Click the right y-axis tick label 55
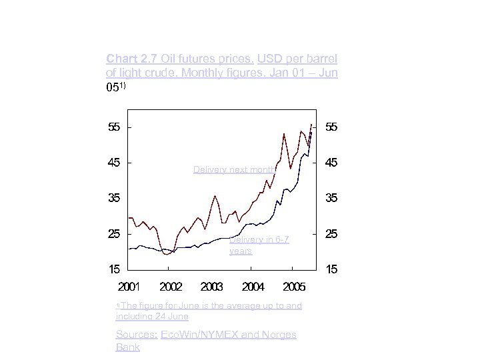click(x=331, y=127)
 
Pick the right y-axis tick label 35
click(x=331, y=198)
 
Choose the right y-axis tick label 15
click(x=331, y=269)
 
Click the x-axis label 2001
click(x=129, y=287)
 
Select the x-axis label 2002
click(x=171, y=287)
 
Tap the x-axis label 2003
click(x=211, y=287)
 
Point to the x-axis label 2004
click(x=253, y=287)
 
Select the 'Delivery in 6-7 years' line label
click(x=259, y=245)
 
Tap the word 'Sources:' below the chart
click(x=137, y=335)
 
